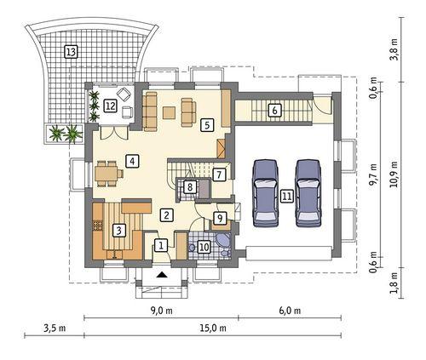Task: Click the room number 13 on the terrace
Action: coord(72,52)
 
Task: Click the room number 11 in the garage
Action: coord(287,196)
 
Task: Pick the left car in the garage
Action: coord(266,192)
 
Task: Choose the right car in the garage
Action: coord(308,192)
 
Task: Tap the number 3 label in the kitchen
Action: coord(119,229)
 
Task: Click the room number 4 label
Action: coord(132,159)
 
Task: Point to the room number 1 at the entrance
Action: coord(160,247)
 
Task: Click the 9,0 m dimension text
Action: coord(161,311)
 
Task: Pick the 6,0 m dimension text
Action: coord(290,311)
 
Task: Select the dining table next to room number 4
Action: coord(107,174)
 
